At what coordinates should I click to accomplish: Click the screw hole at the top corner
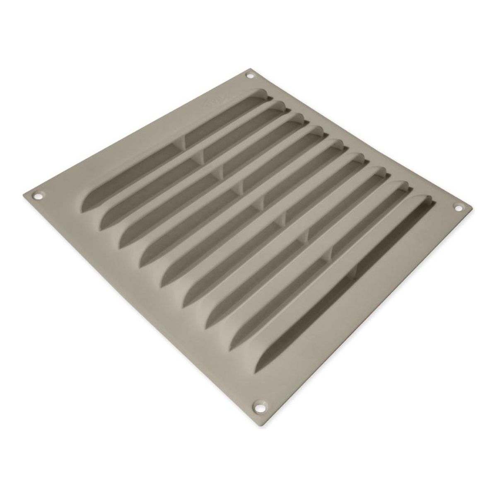(249, 75)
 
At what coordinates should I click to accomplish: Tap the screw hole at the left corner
(40, 193)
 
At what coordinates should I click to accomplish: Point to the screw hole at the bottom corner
(260, 395)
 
